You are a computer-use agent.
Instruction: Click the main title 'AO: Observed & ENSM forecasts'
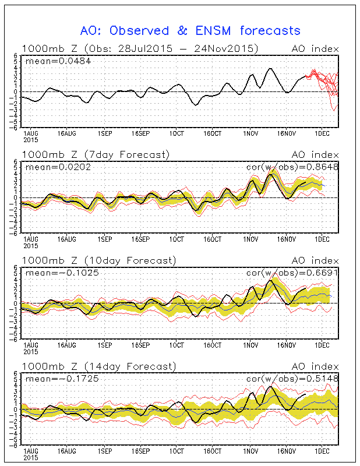point(190,31)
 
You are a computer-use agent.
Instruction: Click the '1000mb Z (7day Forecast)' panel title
point(96,154)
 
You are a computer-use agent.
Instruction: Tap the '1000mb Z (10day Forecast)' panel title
point(98,260)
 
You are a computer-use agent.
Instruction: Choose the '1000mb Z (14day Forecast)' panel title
point(98,366)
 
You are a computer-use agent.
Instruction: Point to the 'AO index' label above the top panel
point(315,48)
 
